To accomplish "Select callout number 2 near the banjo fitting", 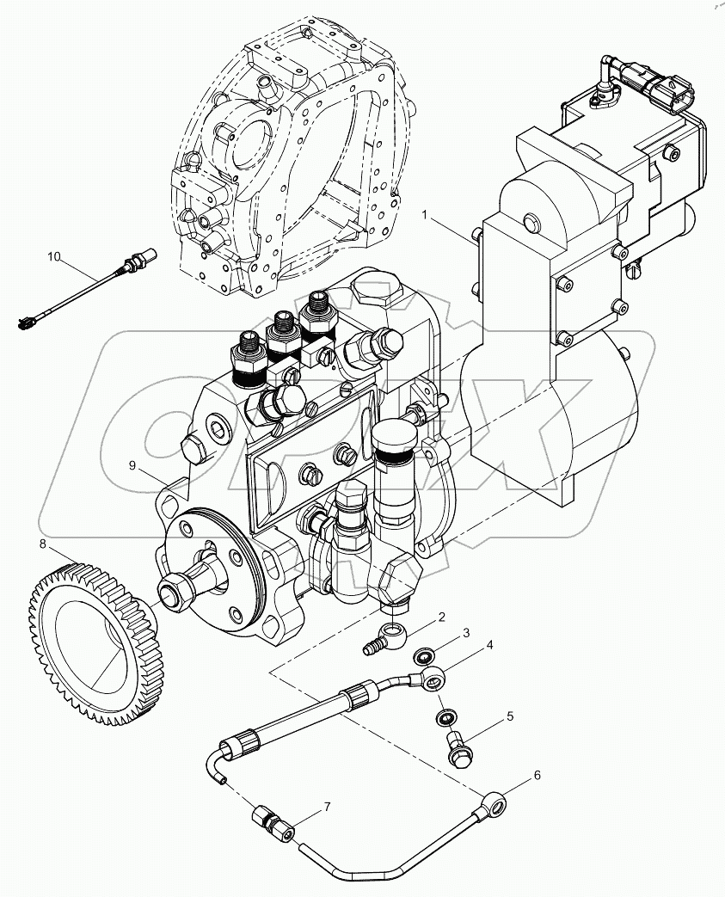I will [x=441, y=617].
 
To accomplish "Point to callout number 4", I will [x=489, y=644].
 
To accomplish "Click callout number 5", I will [x=509, y=716].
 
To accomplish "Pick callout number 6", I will [x=537, y=775].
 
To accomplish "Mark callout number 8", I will [x=42, y=543].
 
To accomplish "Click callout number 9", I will [x=132, y=465].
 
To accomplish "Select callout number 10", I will [x=54, y=256].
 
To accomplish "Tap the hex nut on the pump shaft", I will [x=170, y=590].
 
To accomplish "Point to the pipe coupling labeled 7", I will [x=273, y=823].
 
